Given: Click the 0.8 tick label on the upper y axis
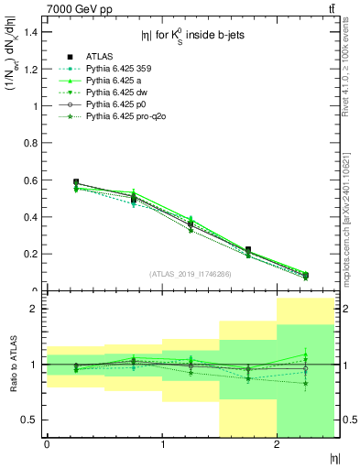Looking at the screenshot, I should [x=28, y=143].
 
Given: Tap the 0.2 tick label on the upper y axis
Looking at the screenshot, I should [x=28, y=254].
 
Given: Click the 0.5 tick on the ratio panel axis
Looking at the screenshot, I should [x=28, y=420].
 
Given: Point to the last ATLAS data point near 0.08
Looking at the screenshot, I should [x=305, y=275].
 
